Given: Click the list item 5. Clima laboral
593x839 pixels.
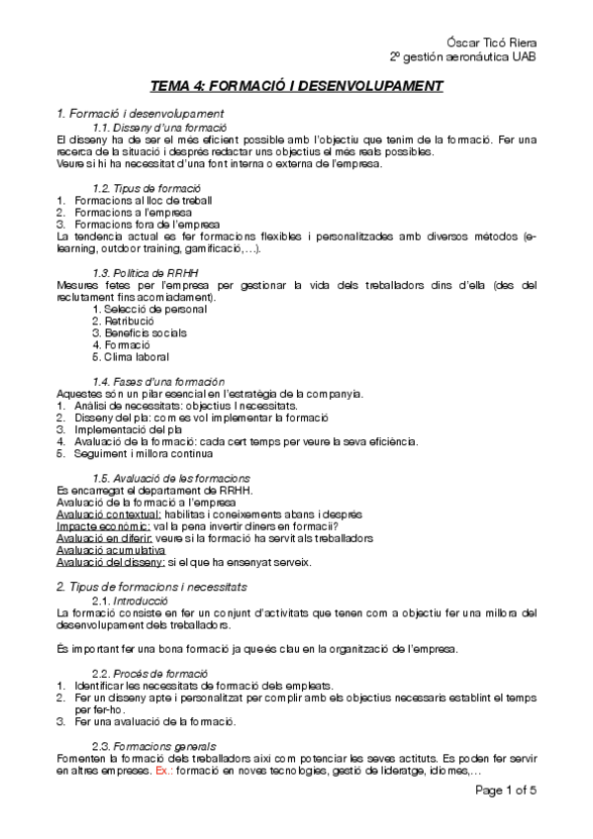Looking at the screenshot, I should (130, 356).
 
